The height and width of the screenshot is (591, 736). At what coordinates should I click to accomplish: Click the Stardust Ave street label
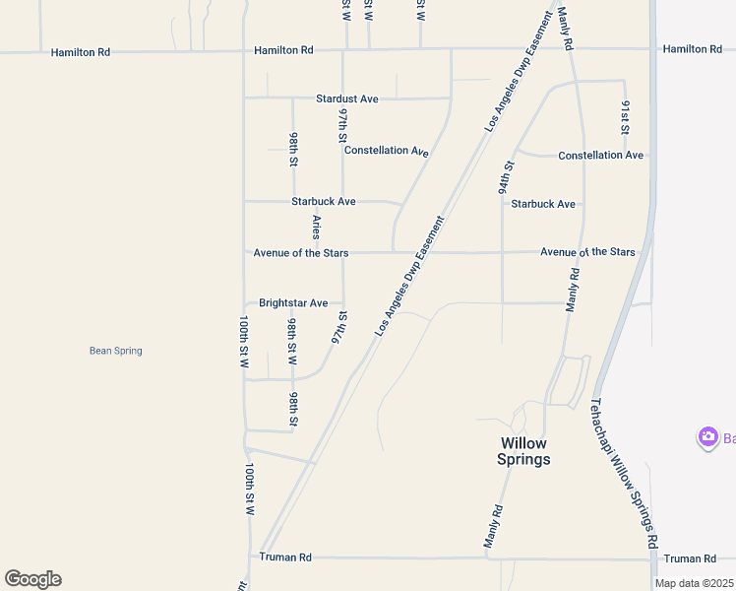(x=347, y=99)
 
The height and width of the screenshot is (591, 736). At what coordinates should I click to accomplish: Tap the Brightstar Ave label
(x=293, y=303)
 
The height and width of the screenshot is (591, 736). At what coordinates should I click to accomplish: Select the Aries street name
(x=316, y=227)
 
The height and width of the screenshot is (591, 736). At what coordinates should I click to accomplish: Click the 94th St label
(x=506, y=177)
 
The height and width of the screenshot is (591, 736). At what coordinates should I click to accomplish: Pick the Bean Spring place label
(x=116, y=351)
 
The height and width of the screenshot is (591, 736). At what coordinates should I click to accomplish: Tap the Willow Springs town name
(x=524, y=451)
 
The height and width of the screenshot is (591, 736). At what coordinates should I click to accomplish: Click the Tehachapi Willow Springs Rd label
(x=624, y=473)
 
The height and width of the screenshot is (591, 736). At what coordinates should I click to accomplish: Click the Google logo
(x=32, y=579)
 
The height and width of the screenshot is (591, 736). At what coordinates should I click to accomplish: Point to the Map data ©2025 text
(x=694, y=583)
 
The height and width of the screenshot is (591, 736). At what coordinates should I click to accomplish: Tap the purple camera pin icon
(x=707, y=437)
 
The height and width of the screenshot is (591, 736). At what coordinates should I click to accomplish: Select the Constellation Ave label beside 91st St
(x=600, y=156)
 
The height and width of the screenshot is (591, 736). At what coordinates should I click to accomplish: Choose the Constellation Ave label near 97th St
(x=387, y=151)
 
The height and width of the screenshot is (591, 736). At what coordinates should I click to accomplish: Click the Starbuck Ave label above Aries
(x=324, y=202)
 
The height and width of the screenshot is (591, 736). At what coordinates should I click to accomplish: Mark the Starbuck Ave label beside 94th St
(x=543, y=204)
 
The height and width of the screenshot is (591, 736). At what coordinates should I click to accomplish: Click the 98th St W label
(x=292, y=341)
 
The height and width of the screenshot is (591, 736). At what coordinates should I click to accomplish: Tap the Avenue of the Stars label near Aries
(x=301, y=253)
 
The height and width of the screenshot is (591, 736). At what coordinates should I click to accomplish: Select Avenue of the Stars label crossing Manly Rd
(x=587, y=252)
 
